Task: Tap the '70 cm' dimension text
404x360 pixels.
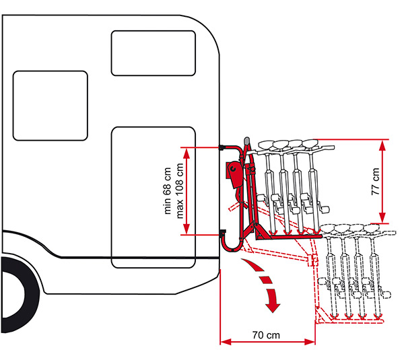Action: (267, 334)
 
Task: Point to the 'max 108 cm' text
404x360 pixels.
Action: (179, 190)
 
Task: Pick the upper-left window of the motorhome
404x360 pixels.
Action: (50, 106)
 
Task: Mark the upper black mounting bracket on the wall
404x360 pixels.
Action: (223, 147)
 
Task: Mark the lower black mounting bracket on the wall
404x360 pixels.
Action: (223, 233)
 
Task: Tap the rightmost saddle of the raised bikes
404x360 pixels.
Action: (310, 142)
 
